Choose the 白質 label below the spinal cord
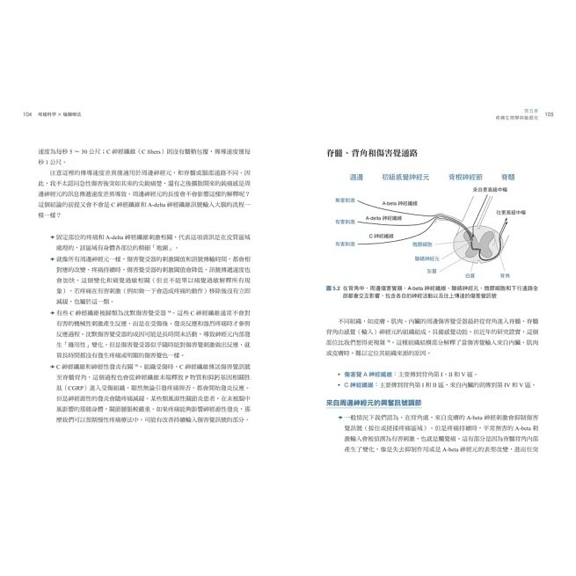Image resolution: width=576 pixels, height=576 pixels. pyautogui.click(x=469, y=274)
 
